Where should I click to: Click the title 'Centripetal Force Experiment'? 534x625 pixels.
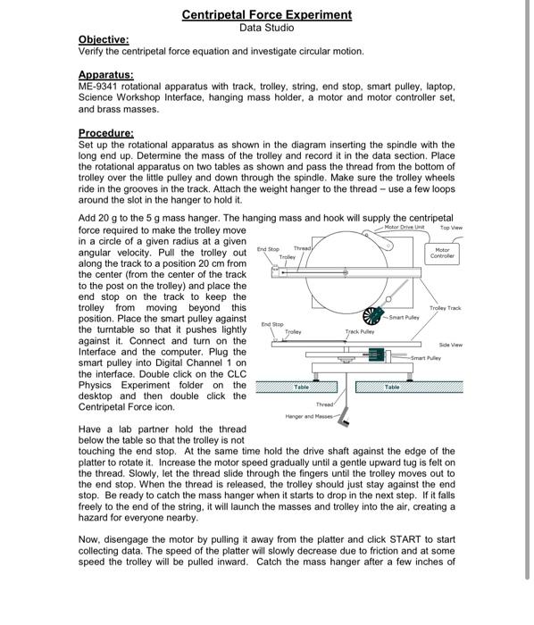pos(266,14)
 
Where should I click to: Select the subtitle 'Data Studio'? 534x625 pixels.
pos(266,28)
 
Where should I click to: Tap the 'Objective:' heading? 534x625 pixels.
pos(104,40)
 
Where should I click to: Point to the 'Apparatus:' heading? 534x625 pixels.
pos(106,74)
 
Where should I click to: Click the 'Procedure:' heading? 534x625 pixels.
pos(106,132)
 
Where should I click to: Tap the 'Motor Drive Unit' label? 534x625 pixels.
pos(404,228)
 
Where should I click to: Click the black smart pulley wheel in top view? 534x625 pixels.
pos(371,316)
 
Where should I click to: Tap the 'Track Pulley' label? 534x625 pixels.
pos(359,331)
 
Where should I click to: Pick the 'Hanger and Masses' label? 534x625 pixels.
pos(308,416)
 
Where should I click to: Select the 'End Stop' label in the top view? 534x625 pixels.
pos(268,249)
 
